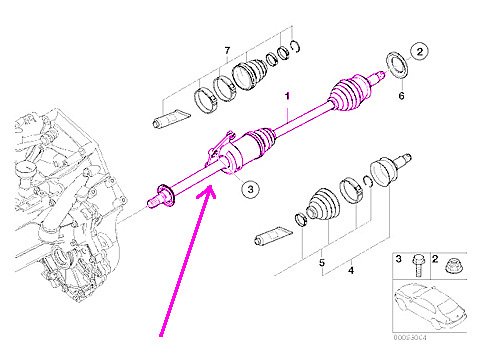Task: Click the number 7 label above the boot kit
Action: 227,50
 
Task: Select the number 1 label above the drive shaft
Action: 287,99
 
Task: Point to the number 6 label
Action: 400,97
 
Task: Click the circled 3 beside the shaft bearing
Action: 252,187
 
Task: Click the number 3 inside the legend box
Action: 396,260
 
